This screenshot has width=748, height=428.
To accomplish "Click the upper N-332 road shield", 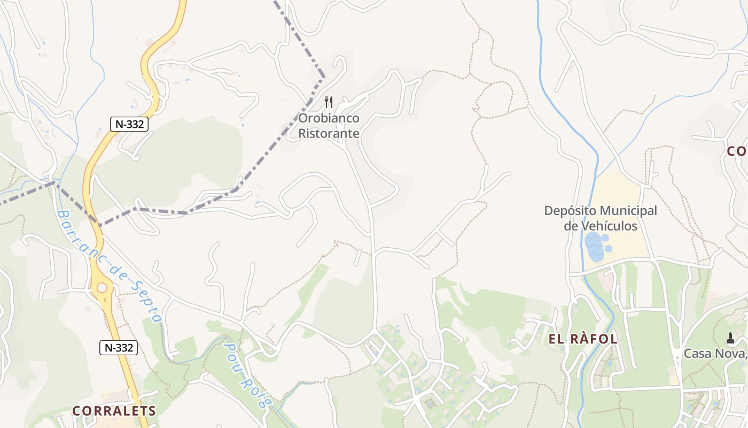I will (x=129, y=124).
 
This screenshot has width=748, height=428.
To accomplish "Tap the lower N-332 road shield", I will (x=119, y=348).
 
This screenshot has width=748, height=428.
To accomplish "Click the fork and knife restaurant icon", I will (x=329, y=102).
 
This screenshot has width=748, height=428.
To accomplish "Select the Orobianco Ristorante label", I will (x=329, y=126).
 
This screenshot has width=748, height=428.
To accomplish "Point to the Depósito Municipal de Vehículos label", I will (x=601, y=218).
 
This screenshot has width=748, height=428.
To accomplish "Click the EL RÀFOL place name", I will (x=583, y=339).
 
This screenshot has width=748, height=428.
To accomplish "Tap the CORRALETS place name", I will (x=114, y=411).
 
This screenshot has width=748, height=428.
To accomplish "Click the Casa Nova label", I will (x=715, y=354).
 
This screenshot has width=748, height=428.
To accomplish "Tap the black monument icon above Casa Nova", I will (x=730, y=338).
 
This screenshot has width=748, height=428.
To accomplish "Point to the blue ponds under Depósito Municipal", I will (x=596, y=246).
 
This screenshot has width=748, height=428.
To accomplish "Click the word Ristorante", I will (x=329, y=133).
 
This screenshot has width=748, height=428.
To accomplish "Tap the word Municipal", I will (x=628, y=211).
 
